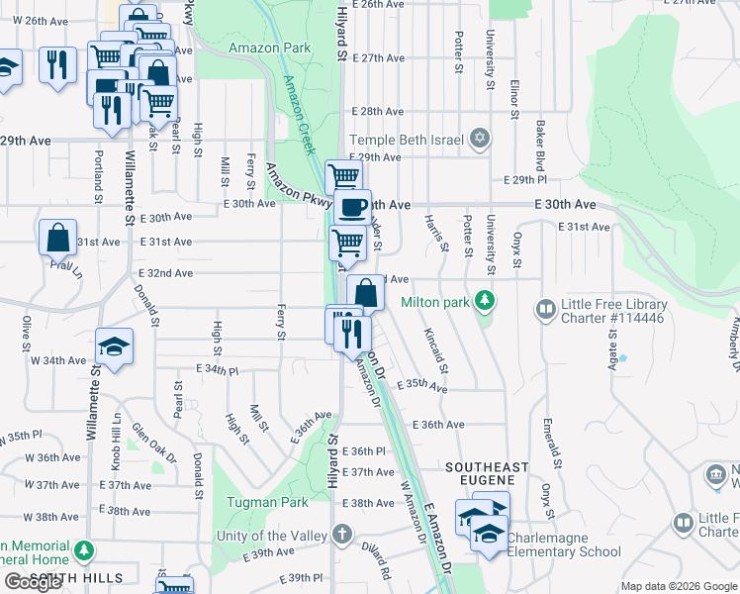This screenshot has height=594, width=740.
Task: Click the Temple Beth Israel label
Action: tap(407, 140)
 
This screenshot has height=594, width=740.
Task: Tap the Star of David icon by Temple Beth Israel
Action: tap(480, 138)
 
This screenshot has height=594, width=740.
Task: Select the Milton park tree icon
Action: tap(484, 299)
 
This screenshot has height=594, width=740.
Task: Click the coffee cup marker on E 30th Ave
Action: tap(352, 207)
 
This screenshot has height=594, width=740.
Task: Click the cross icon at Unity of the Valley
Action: tap(341, 535)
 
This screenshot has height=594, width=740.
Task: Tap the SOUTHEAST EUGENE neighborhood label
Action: tap(487, 466)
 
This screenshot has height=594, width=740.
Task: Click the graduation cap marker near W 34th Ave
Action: tap(115, 346)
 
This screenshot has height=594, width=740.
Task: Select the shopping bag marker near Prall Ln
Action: tap(58, 238)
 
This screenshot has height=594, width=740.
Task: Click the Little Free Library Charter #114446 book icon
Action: tap(545, 310)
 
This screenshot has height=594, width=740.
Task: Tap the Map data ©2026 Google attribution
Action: tap(679, 586)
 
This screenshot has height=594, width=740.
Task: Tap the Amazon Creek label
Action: tap(298, 114)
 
